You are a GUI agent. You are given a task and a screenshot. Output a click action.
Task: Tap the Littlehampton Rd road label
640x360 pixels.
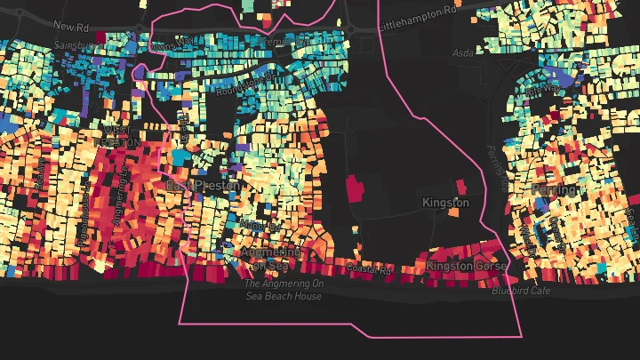418,12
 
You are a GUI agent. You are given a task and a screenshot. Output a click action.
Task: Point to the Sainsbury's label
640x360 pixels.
73,44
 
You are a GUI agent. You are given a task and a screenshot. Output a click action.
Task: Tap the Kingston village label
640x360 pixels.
444,203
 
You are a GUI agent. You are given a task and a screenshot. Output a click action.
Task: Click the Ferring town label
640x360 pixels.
553,189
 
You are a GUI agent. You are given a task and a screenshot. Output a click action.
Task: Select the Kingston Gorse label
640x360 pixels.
466,266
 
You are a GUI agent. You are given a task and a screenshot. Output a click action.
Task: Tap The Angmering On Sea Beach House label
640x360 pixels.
283,290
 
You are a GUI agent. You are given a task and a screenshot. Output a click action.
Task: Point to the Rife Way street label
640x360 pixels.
543,90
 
